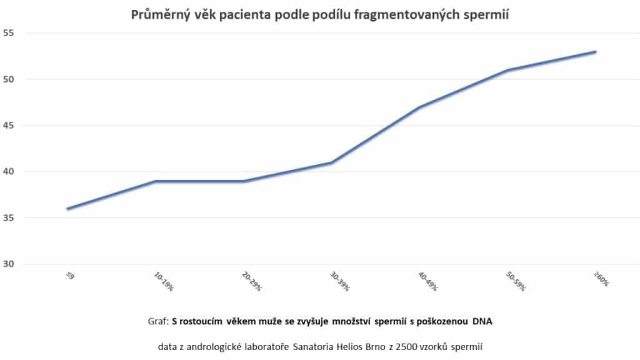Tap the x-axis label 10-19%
pyautogui.click(x=163, y=281)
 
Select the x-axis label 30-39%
pyautogui.click(x=340, y=281)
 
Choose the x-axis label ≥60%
pyautogui.click(x=601, y=279)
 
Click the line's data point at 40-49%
pyautogui.click(x=420, y=107)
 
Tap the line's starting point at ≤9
pyautogui.click(x=67, y=209)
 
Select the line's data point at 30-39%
pyautogui.click(x=331, y=162)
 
